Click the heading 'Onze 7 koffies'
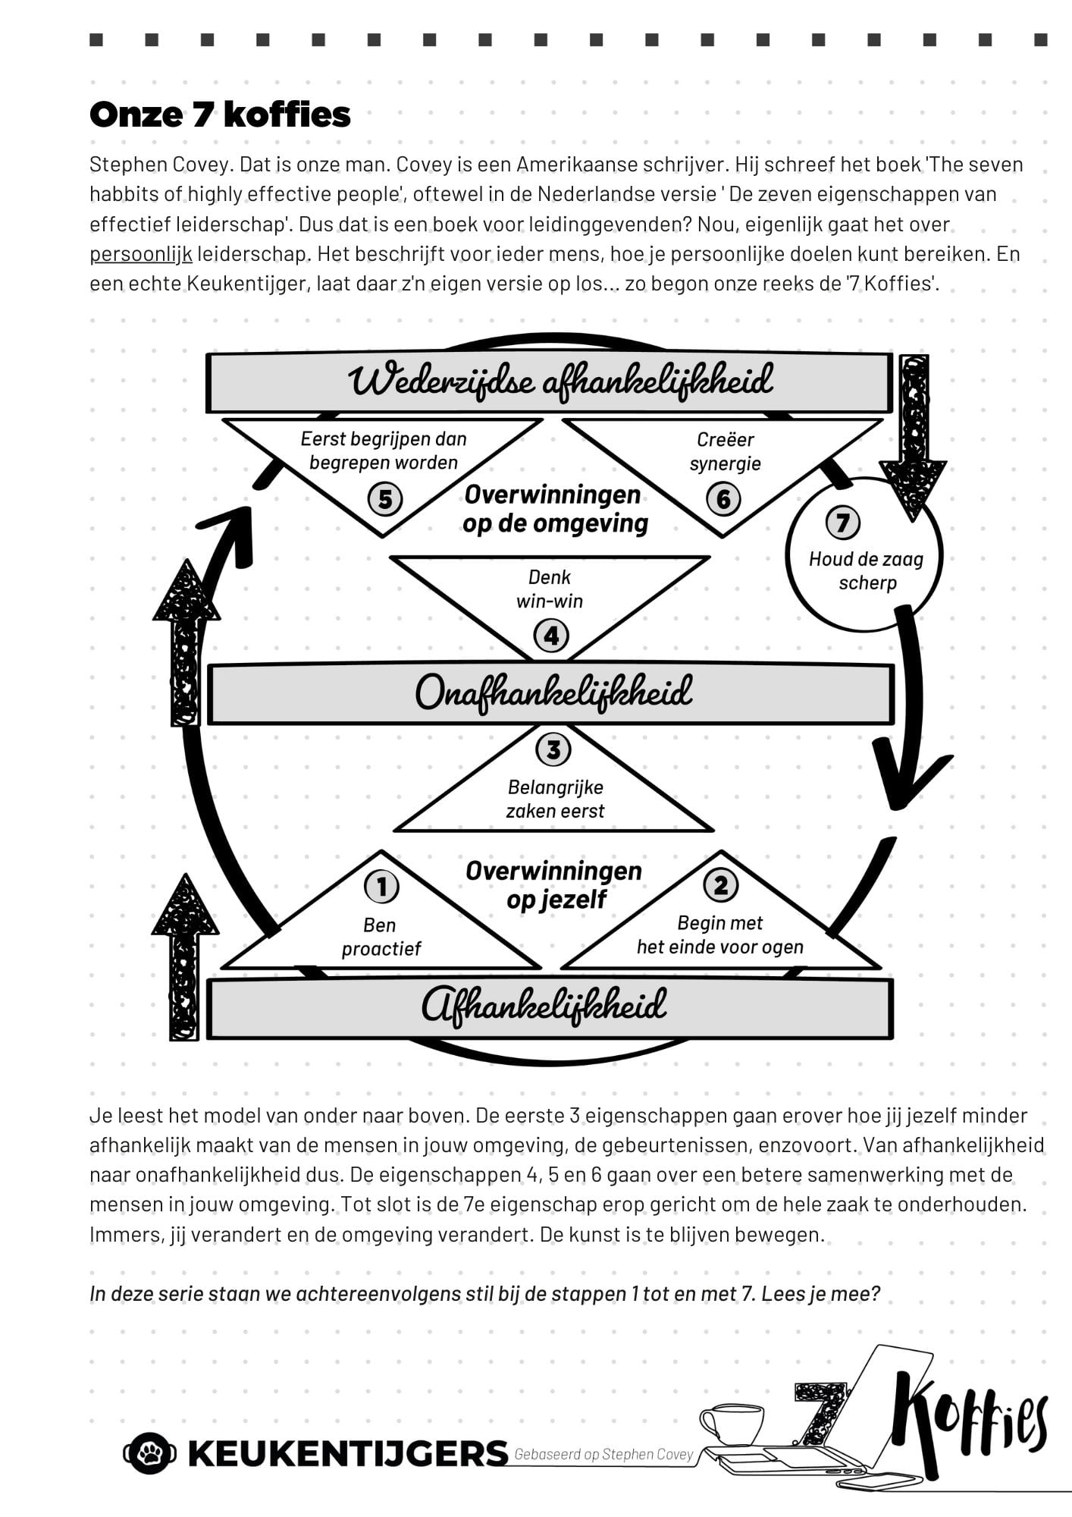(x=220, y=115)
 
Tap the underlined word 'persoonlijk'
(x=141, y=254)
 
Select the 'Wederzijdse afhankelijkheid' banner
(x=550, y=382)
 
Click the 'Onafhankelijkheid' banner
(x=551, y=694)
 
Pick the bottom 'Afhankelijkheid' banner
(x=550, y=1008)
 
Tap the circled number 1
(x=381, y=886)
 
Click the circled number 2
(x=721, y=884)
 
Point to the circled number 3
(x=553, y=749)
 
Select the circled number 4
(x=551, y=636)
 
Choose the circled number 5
(x=385, y=499)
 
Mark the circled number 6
(x=723, y=499)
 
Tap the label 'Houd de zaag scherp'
(x=867, y=571)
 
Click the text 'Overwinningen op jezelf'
(x=554, y=885)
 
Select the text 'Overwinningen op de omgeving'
(x=556, y=509)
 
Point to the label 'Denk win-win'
(x=550, y=589)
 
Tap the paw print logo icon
(x=150, y=1453)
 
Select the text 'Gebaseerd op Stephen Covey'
(x=604, y=1454)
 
